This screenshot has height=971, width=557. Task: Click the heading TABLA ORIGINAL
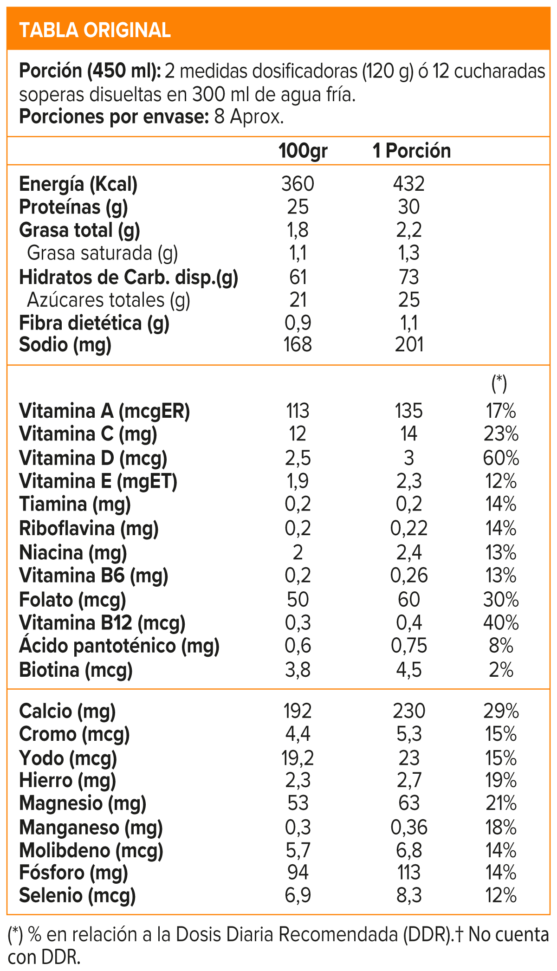95,30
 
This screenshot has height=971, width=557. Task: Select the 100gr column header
303,151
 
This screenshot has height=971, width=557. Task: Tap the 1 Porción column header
412,151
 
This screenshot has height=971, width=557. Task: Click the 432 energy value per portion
408,184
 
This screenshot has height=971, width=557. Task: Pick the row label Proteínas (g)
73,207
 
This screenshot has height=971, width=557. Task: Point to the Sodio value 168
298,344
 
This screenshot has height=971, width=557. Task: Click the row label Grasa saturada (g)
102,253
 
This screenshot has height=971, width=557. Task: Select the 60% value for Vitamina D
501,458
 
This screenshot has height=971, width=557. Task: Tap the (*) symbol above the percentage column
499,383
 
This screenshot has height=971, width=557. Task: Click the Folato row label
72,600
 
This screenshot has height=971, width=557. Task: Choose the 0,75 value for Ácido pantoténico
408,646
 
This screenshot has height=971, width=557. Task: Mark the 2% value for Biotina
501,670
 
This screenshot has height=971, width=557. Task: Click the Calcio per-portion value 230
408,711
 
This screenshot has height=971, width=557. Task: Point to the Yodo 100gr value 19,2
298,758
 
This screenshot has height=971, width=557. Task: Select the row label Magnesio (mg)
83,803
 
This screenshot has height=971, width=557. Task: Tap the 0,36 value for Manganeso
408,827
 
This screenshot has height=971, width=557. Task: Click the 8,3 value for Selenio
408,895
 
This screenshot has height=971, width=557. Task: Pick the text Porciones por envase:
114,117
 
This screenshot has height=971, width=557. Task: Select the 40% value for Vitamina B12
501,622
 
